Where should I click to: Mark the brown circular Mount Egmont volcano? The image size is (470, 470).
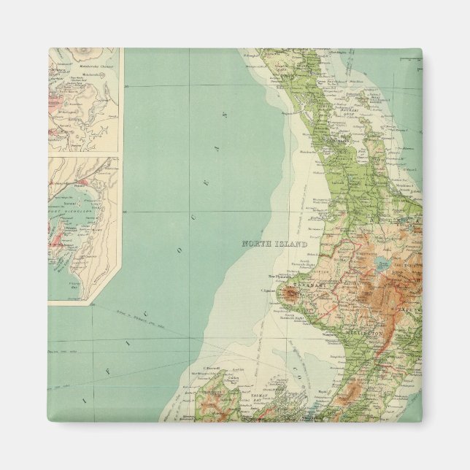click(291, 295)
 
